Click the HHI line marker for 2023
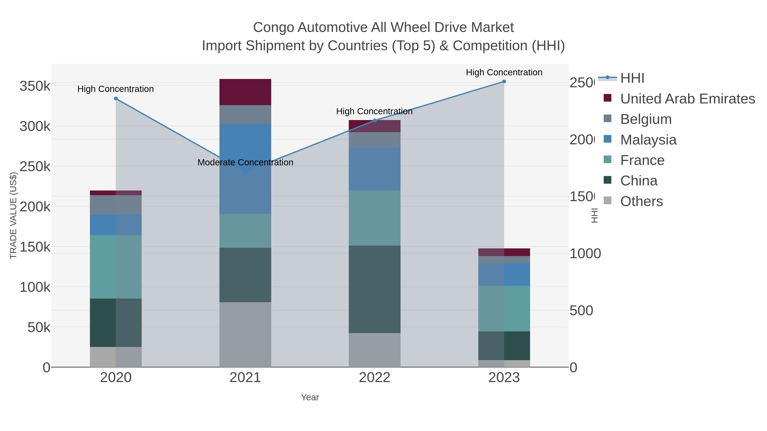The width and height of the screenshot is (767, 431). click(504, 81)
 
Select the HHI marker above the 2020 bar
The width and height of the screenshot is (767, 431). click(116, 99)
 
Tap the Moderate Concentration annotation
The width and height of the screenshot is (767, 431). click(245, 162)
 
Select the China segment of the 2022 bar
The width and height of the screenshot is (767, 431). click(375, 289)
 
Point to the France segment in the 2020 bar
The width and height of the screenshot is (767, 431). click(116, 267)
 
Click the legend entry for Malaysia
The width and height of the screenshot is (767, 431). click(648, 140)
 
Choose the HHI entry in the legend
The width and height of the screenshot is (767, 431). click(632, 78)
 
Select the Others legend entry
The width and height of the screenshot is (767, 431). click(641, 201)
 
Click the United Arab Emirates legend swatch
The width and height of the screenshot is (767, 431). click(607, 98)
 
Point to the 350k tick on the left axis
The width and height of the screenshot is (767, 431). click(35, 86)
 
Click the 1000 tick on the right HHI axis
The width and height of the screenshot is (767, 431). click(585, 254)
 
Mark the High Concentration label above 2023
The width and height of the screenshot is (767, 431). click(504, 72)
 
